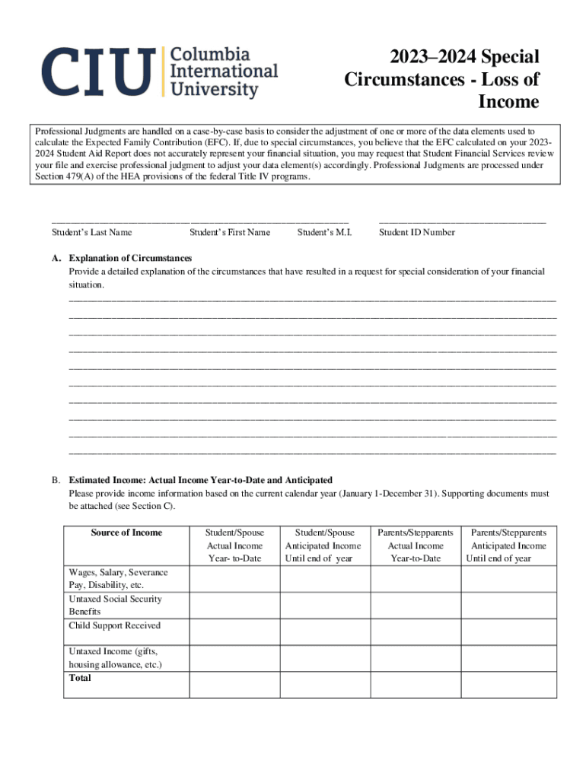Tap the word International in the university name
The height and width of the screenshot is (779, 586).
point(223,72)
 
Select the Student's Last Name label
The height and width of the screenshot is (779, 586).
point(92,233)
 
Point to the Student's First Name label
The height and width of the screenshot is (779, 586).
point(230,233)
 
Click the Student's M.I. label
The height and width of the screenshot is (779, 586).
point(325,233)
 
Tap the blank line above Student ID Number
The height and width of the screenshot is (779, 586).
point(462,219)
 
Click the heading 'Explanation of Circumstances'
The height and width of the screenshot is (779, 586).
point(130,259)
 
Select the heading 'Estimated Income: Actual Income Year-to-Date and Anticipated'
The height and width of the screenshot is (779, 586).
point(201,481)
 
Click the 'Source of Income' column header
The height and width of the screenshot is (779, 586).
point(126,533)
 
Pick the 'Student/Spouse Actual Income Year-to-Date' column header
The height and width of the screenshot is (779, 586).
point(234,545)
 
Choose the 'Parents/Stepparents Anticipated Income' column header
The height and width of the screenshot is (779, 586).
point(508,545)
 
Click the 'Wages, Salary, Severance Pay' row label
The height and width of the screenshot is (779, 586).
point(118,579)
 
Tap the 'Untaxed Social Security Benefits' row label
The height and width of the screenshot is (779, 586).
point(115,606)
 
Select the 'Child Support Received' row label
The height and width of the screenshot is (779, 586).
point(115,626)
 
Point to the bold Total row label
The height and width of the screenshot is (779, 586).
point(80,678)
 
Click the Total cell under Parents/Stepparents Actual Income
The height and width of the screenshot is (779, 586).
point(416,685)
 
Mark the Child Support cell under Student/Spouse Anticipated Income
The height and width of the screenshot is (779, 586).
point(325,631)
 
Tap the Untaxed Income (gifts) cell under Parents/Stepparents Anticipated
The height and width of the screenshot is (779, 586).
point(508,658)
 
